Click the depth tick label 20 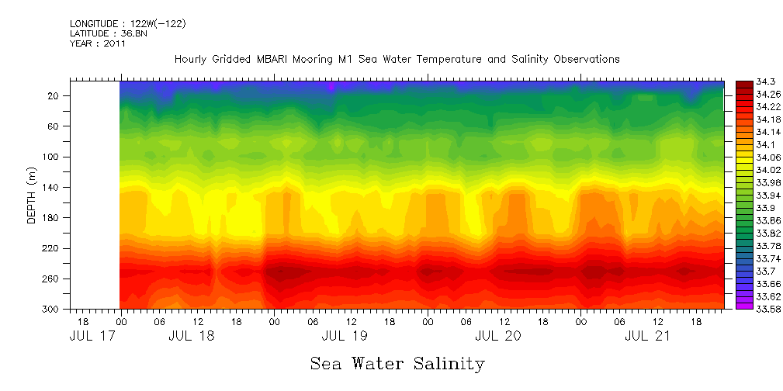(x=54, y=95)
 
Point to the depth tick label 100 (x=52, y=157)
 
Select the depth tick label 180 (x=52, y=218)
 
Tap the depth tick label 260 (x=52, y=279)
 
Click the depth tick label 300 (x=52, y=309)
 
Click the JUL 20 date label (x=497, y=337)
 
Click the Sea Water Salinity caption (x=397, y=363)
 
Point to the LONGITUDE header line (x=127, y=24)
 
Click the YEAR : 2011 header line (x=98, y=43)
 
